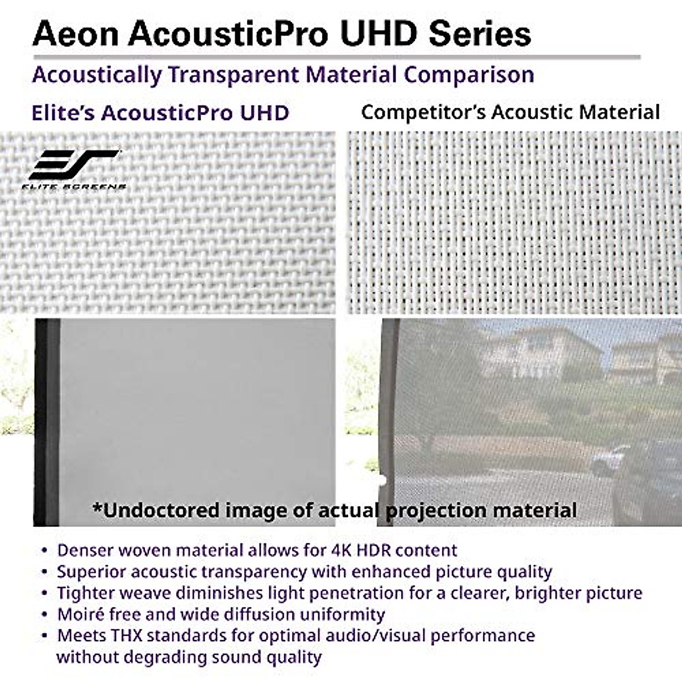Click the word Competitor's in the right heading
[x=423, y=112]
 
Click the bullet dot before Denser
[x=44, y=551]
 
